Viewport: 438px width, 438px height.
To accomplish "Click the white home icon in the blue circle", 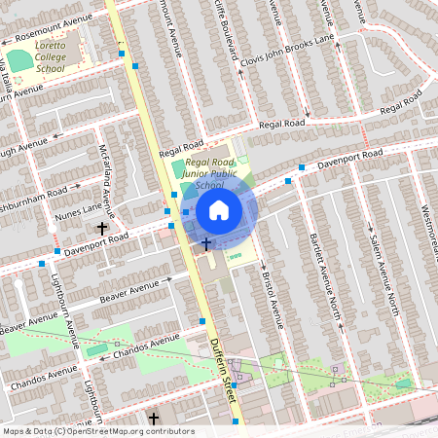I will point(219,209).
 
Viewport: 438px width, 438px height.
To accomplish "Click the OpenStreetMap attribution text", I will point(97,430).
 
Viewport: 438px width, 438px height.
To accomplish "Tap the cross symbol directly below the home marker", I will point(206,243).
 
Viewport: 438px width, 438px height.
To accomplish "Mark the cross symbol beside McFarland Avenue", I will point(101,229).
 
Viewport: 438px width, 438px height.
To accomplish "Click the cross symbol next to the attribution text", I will point(153,419).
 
